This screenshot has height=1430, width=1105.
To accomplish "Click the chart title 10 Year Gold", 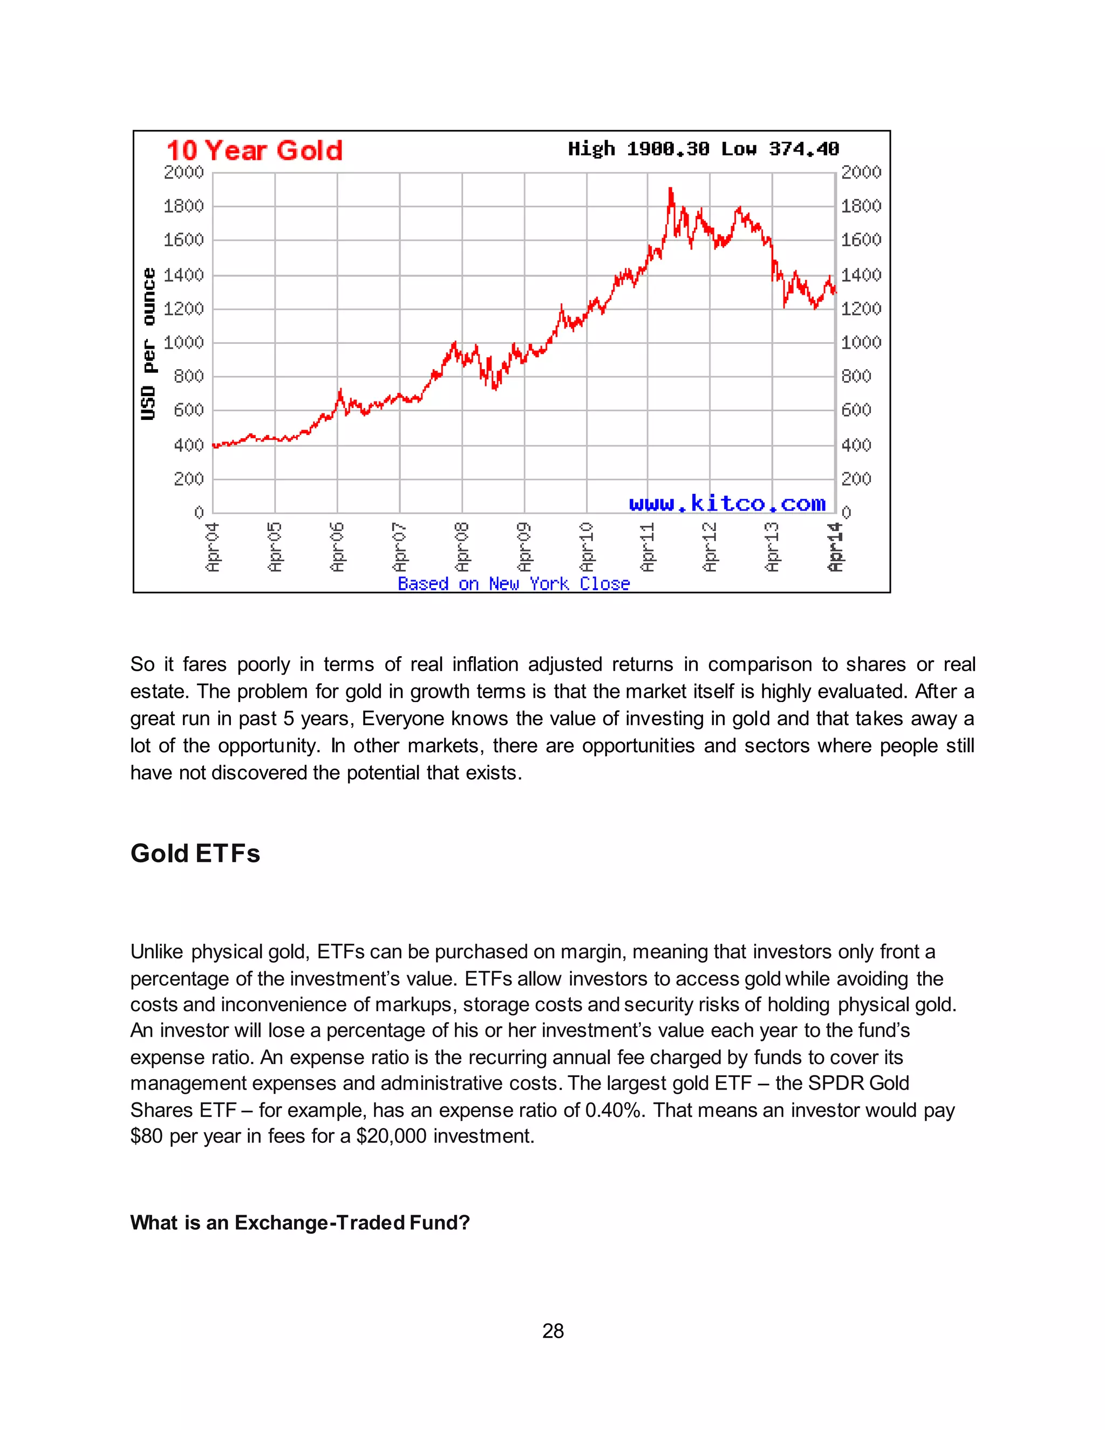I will point(254,151).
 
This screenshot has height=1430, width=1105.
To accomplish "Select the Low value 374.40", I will point(803,149).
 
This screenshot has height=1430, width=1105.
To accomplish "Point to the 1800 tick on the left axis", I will point(183,206).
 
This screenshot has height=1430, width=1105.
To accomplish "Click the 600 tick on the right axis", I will point(856,410).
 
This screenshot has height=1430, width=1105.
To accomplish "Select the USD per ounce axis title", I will point(149,344).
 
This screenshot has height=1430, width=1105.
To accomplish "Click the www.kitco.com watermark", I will point(727,503).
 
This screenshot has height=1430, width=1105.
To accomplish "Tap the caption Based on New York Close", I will point(513,583).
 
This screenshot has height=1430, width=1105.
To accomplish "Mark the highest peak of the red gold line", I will point(670,189).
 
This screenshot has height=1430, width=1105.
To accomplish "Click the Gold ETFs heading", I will point(195,853).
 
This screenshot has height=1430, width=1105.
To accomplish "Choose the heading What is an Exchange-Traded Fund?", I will point(300,1222).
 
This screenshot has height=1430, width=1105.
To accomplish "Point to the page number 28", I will point(552,1331).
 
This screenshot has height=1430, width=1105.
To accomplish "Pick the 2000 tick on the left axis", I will point(183,172).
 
